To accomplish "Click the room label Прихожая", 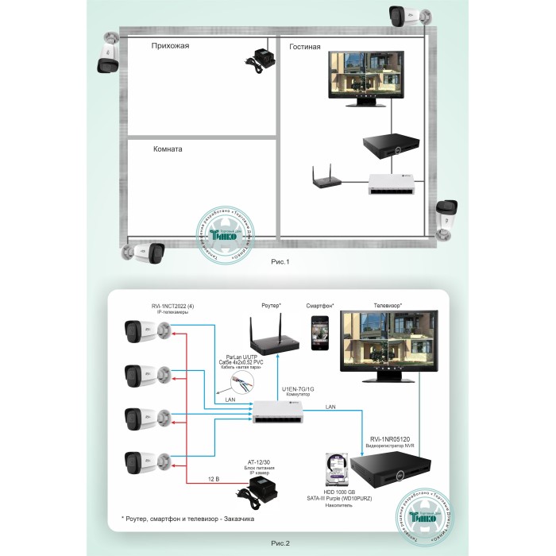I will [x=170, y=46].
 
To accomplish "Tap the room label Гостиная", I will [x=305, y=47].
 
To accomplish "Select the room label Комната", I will [x=168, y=149].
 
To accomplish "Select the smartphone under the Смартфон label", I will [x=321, y=330].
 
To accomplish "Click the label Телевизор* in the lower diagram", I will [x=382, y=305].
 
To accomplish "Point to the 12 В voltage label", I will [x=213, y=478].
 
